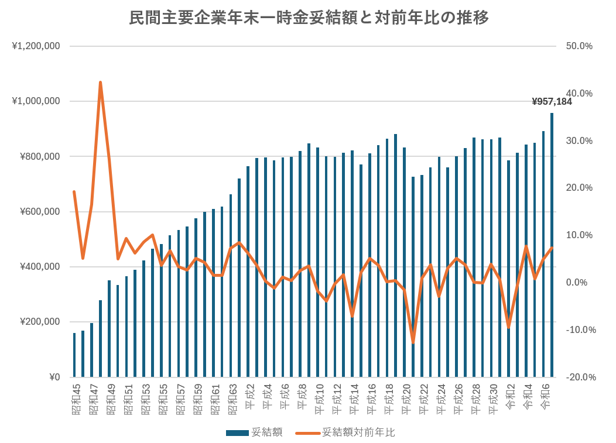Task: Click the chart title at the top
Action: coord(309,18)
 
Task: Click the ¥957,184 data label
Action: coord(552,102)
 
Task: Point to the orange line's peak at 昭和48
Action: coord(100,83)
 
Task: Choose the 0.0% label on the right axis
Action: coord(580,283)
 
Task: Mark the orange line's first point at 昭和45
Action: coord(74,191)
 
